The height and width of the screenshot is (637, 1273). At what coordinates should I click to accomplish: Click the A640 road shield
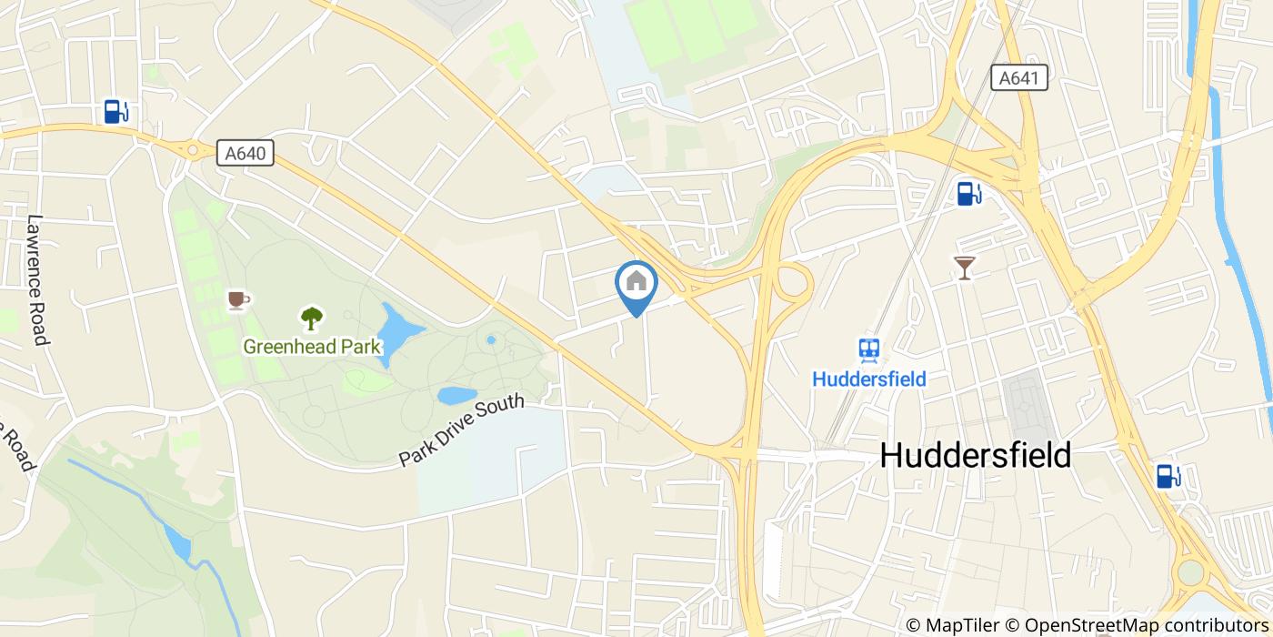click(x=246, y=153)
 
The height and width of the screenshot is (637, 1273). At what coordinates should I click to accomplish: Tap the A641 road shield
click(x=1018, y=78)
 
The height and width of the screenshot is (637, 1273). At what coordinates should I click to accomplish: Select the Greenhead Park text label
click(x=312, y=347)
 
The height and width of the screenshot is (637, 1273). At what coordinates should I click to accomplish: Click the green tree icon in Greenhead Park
click(x=312, y=318)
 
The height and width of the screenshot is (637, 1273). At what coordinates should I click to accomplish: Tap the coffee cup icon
click(x=237, y=299)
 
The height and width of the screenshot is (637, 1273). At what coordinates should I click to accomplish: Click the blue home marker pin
click(x=636, y=285)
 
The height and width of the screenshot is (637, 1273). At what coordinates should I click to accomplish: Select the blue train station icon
click(x=869, y=349)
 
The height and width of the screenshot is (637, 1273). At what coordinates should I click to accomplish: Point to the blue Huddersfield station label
click(x=869, y=379)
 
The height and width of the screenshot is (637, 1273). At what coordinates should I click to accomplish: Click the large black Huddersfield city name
click(x=976, y=456)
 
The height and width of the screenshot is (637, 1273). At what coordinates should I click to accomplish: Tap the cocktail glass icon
click(x=964, y=268)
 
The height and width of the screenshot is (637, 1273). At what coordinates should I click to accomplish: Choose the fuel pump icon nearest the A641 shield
click(x=968, y=193)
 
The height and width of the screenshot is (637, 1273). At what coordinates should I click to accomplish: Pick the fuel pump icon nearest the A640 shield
click(x=115, y=112)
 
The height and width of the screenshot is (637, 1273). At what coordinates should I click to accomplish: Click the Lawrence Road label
click(x=37, y=279)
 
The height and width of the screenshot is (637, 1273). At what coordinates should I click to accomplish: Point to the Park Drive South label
click(x=461, y=430)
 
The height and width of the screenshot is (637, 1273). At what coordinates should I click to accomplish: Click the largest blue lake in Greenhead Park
click(x=396, y=329)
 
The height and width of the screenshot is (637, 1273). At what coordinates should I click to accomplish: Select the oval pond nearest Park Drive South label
click(x=456, y=395)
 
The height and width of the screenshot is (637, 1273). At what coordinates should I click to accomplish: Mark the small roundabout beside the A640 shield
click(x=192, y=149)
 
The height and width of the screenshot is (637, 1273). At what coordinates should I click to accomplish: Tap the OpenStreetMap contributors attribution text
click(x=1146, y=625)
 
